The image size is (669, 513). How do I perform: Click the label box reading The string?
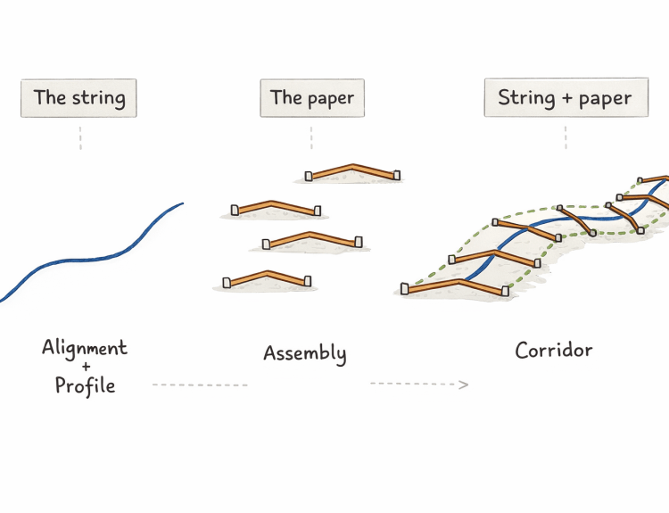79,98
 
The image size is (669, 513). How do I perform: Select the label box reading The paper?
311,98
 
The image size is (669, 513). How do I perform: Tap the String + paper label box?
565,98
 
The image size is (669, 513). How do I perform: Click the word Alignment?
85,348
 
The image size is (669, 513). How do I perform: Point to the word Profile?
85,385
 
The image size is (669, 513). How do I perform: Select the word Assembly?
304,353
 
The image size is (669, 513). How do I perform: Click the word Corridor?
553,350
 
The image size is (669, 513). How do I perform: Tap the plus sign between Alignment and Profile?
85,367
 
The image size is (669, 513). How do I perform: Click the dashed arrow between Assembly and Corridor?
418,385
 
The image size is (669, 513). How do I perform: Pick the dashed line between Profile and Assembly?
200,385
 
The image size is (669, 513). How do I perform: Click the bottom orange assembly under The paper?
267,277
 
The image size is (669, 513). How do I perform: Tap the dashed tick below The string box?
80,138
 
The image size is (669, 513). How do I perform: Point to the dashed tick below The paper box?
311,138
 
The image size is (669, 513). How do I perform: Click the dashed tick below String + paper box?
566,137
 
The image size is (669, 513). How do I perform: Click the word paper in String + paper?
606,99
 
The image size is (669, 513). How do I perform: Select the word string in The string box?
97,98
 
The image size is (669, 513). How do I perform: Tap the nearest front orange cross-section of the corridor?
455,285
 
